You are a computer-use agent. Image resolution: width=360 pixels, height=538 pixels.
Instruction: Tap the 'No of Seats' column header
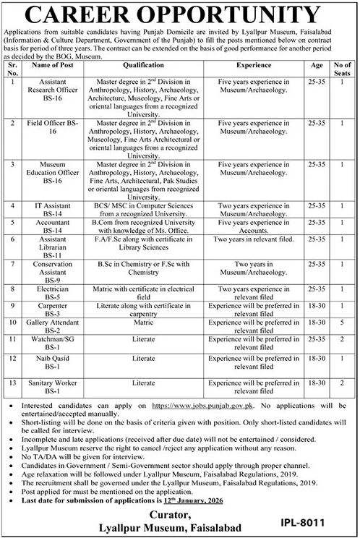coord(341,67)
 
